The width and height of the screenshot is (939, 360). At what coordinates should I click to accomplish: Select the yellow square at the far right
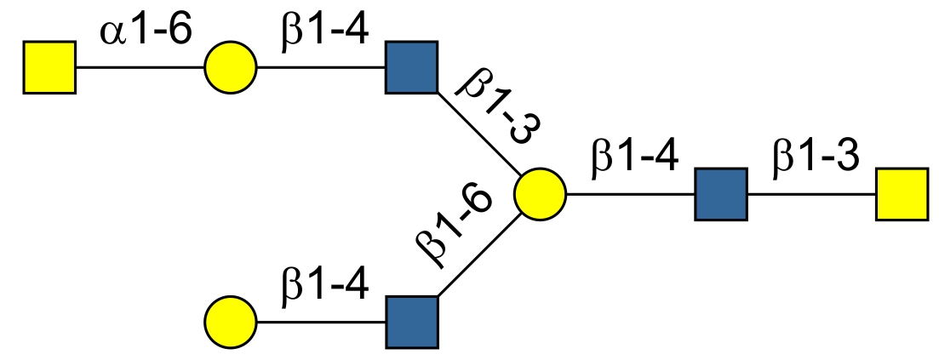pos(902,195)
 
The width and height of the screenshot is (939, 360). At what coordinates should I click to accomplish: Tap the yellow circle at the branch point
pos(540,195)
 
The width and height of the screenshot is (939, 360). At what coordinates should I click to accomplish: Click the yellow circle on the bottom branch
pos(230,323)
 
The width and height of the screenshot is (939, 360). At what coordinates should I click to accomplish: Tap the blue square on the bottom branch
pos(411,323)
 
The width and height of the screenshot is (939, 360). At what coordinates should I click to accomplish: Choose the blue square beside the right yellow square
pos(720,195)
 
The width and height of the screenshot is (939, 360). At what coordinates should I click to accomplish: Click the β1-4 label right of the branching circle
pos(634,160)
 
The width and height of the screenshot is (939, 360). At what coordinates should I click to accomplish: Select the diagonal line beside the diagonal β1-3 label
pos(477,133)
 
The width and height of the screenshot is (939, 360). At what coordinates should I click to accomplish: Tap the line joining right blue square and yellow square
pos(810,195)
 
